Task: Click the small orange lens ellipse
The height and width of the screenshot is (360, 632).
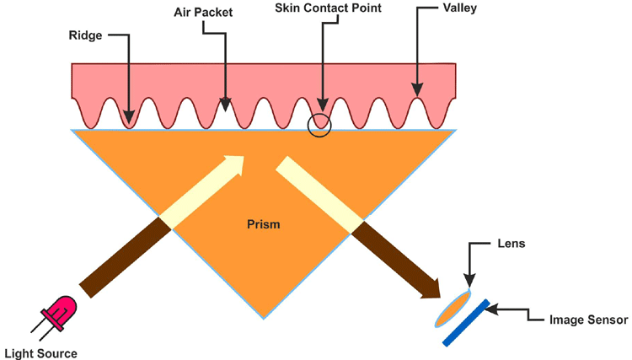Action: coord(453,309)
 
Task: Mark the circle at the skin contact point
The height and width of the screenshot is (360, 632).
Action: coord(319,125)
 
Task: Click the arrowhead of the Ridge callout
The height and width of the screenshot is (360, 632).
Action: coord(129,118)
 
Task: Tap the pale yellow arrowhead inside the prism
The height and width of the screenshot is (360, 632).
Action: coord(237,164)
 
